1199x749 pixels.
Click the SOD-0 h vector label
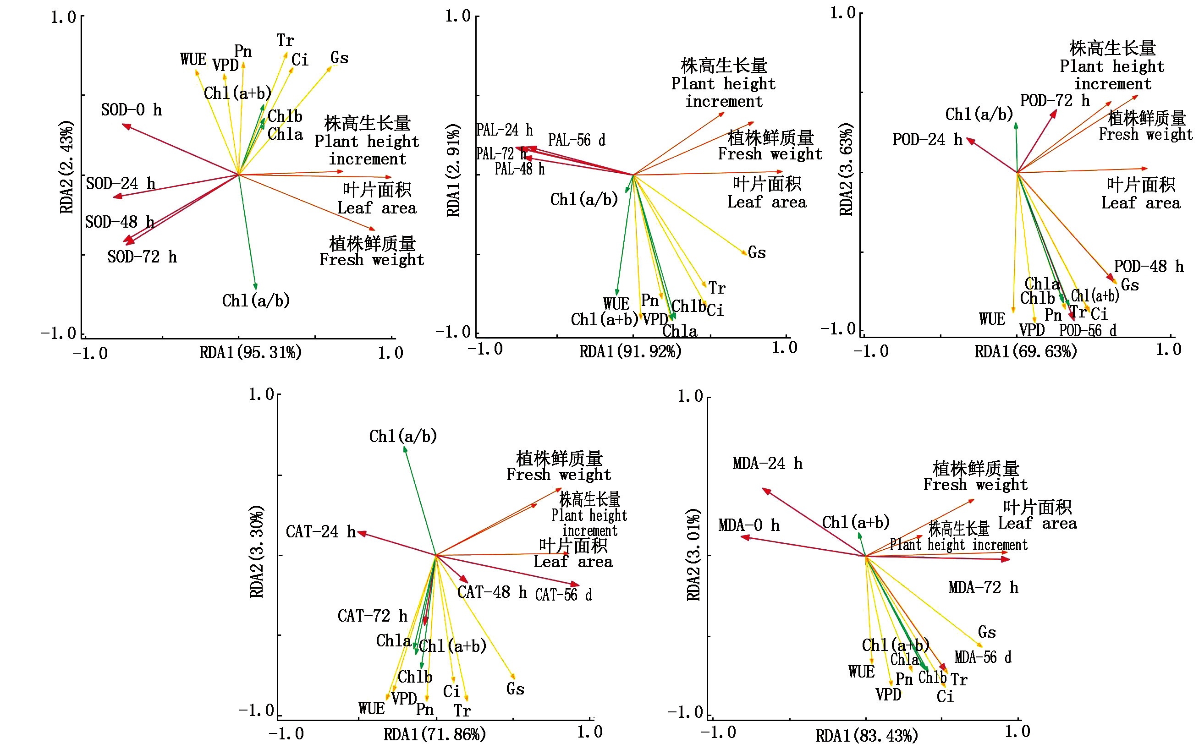point(131,110)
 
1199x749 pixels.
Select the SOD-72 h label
point(142,257)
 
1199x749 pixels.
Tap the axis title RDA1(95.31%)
point(250,353)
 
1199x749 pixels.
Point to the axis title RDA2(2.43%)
point(66,167)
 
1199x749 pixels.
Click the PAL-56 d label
point(576,140)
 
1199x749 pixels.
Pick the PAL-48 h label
point(519,169)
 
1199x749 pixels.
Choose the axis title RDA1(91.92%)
point(630,352)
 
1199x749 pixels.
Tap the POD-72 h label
point(1055,101)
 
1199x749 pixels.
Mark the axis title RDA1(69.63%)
point(1026,352)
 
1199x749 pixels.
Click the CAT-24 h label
point(320,532)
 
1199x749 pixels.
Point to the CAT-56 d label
point(563,595)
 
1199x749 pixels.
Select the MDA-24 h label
point(767,464)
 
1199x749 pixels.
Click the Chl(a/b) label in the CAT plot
point(403,437)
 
